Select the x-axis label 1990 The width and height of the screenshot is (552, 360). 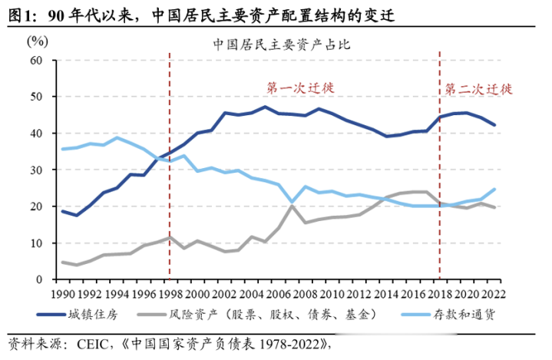pyautogui.click(x=63, y=294)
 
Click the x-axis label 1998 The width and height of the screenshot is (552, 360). pyautogui.click(x=170, y=294)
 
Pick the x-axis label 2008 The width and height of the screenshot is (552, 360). pyautogui.click(x=304, y=294)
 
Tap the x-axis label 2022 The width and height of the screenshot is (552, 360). pyautogui.click(x=492, y=294)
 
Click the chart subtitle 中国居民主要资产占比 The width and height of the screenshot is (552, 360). pyautogui.click(x=282, y=44)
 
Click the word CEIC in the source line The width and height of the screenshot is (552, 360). pyautogui.click(x=88, y=343)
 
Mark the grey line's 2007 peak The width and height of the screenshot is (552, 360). pyautogui.click(x=291, y=206)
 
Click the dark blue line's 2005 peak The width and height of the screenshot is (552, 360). pyautogui.click(x=264, y=107)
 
